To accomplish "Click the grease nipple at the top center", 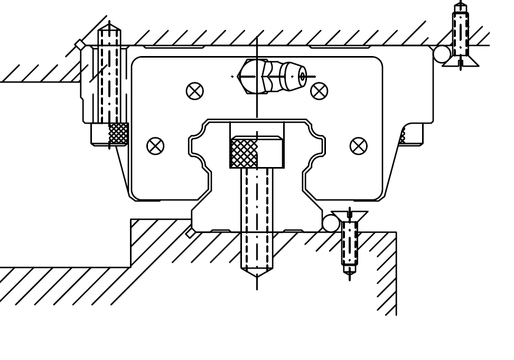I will [x=273, y=76].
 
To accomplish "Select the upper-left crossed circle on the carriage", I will [x=195, y=91].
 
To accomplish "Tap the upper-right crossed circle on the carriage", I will [x=319, y=91].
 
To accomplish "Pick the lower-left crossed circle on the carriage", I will [x=155, y=146].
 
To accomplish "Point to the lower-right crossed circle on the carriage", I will [x=359, y=146].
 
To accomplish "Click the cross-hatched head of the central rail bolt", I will [x=245, y=153].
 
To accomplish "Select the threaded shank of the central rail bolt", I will [x=257, y=217].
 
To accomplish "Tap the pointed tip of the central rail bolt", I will [x=257, y=273].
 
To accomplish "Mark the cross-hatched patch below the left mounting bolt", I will [x=118, y=133].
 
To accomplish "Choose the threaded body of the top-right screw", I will [x=460, y=34].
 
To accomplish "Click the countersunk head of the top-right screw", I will [x=461, y=61].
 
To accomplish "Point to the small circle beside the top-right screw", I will [x=442, y=54].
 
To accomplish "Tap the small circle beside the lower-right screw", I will [x=331, y=224].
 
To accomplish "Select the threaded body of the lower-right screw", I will [x=349, y=243].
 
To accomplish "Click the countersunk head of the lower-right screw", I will [x=349, y=216].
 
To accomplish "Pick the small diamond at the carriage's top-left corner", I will [x=80, y=44].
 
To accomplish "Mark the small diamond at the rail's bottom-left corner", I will [x=190, y=233].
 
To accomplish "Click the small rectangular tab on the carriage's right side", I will [x=412, y=134].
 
